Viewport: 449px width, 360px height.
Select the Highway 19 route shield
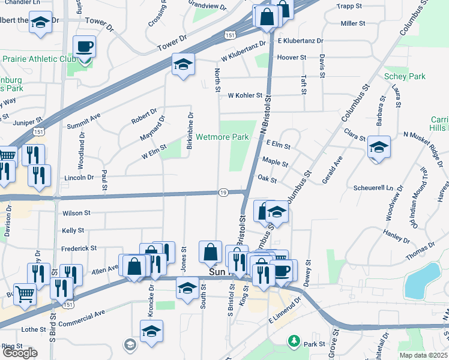(x=223, y=192)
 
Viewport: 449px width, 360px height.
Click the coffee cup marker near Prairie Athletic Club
(x=83, y=46)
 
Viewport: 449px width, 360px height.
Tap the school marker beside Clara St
(x=379, y=147)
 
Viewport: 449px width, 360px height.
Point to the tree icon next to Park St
(x=294, y=342)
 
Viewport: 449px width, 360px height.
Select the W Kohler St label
(x=245, y=95)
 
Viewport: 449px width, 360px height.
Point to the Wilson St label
(x=76, y=213)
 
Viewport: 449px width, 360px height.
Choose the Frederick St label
(x=79, y=248)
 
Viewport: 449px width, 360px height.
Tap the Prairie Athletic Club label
(x=38, y=59)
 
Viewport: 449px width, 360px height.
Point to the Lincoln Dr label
(x=79, y=178)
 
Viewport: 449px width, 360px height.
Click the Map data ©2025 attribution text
(x=424, y=355)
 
